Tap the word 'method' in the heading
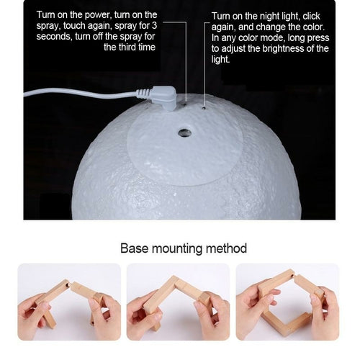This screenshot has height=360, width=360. coord(225,248)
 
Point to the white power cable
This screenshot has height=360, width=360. coord(79,92)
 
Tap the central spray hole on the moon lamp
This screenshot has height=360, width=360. coord(185,132)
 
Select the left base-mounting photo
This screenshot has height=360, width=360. coord(69,301)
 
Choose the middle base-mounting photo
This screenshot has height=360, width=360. coord(178,301)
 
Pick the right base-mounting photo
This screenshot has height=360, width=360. coord(287,301)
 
